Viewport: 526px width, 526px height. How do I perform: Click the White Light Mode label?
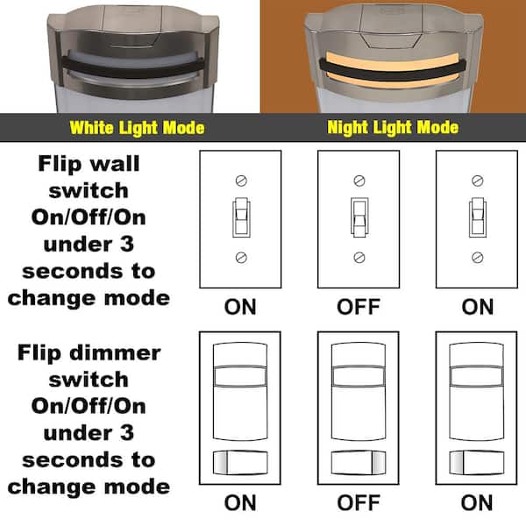tap(137, 128)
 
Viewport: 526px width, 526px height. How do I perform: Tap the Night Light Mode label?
tap(393, 128)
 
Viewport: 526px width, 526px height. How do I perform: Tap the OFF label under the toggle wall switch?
tap(358, 307)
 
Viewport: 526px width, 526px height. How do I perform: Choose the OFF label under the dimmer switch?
tap(358, 503)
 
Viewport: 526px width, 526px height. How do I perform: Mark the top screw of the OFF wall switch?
tap(358, 180)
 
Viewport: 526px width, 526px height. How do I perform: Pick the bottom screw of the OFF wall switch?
tap(358, 257)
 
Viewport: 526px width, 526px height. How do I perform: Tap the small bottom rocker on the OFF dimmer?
tap(358, 462)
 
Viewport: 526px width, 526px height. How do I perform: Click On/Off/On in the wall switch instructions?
tap(88, 217)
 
